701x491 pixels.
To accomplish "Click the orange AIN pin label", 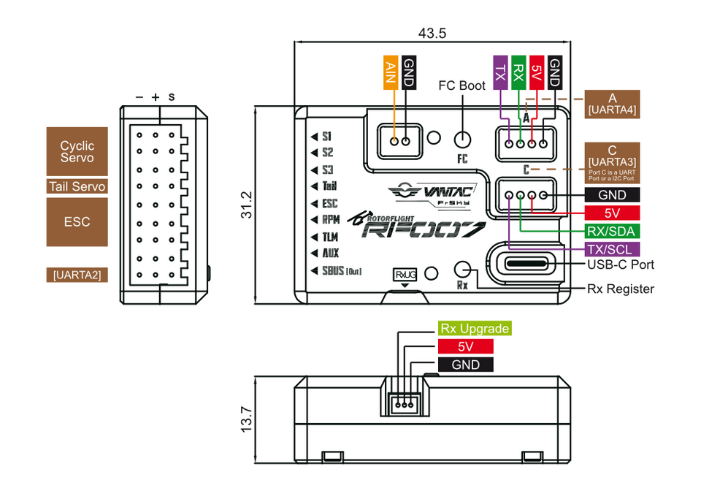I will click(390, 73).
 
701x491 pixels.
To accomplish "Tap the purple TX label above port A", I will click(500, 73).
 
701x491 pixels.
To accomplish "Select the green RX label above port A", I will click(518, 73).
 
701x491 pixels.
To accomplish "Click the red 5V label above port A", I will click(537, 73).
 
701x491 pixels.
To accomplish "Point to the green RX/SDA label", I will click(612, 232).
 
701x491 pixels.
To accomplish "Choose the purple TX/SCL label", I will click(612, 248).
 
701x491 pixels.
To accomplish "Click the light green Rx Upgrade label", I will click(474, 328).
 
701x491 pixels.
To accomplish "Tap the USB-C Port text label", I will click(621, 264).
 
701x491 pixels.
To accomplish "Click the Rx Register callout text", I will click(621, 289).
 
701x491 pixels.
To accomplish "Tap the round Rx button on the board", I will click(462, 269).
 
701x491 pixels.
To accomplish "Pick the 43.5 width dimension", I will click(432, 33).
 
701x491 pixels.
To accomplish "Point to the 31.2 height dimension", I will click(246, 205).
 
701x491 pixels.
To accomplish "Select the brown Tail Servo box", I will click(77, 187).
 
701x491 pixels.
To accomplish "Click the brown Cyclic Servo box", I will click(77, 152).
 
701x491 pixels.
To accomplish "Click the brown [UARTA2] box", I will click(77, 275).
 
